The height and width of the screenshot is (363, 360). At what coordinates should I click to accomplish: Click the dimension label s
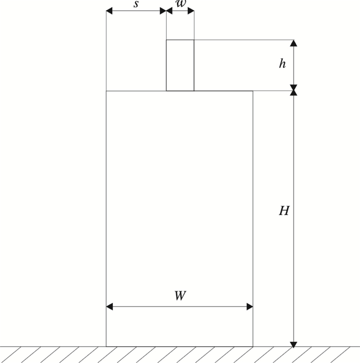136,4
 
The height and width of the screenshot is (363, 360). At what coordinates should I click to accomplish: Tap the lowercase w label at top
180,4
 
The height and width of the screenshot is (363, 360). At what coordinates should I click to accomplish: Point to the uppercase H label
284,211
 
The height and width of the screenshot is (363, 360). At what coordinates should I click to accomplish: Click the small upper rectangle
180,65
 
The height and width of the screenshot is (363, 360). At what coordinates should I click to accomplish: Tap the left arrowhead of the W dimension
109,307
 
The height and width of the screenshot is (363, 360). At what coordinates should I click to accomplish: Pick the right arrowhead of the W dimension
249,307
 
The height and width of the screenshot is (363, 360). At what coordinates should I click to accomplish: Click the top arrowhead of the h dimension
294,43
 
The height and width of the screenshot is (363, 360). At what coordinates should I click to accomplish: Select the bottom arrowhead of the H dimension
294,343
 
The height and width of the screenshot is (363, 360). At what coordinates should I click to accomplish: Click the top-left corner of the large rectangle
106,91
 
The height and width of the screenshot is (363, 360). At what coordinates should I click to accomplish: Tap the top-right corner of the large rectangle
253,91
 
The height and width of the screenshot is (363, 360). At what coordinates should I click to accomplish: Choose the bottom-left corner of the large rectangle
106,347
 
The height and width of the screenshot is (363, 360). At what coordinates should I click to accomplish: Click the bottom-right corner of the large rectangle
253,347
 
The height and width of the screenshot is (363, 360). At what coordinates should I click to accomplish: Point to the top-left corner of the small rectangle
166,40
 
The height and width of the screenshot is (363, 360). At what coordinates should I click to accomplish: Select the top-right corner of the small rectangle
194,40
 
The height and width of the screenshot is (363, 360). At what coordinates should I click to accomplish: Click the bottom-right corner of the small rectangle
194,91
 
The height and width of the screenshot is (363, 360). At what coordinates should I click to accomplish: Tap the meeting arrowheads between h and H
294,91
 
